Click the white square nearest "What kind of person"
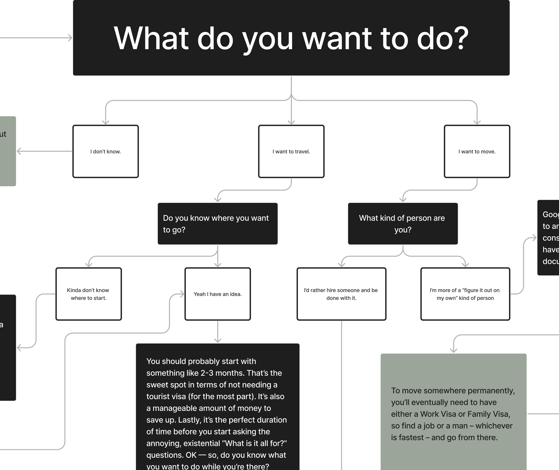(372, 153)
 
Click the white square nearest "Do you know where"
(197, 153)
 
